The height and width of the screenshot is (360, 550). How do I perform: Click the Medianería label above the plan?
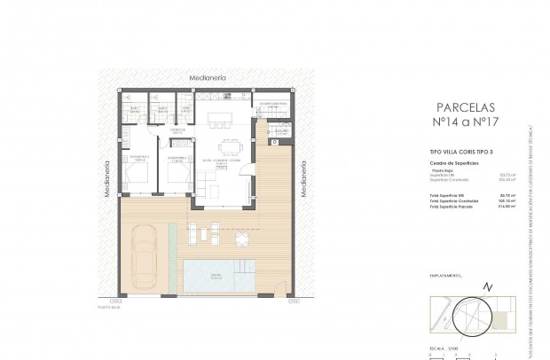pos(208,79)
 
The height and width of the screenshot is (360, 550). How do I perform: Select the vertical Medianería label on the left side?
pos(107,178)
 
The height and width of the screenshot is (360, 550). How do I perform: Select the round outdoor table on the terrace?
pos(242,239)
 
